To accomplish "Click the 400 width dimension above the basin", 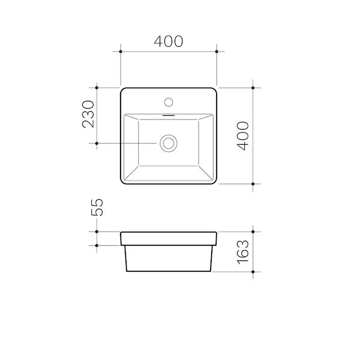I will coord(169,41).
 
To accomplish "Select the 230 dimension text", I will coord(89,115).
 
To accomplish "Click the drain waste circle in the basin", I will coord(169,143).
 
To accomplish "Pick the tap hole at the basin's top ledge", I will coord(169,100).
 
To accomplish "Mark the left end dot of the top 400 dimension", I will coord(121,53).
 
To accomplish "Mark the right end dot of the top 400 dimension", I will coord(217,53).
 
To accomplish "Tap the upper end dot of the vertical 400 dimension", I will coord(254,88).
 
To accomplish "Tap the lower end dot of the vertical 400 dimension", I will coord(254,184).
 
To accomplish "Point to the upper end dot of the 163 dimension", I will coord(254,232).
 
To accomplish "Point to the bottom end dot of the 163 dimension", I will coord(254,271).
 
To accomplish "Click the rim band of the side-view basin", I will coord(169,238).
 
